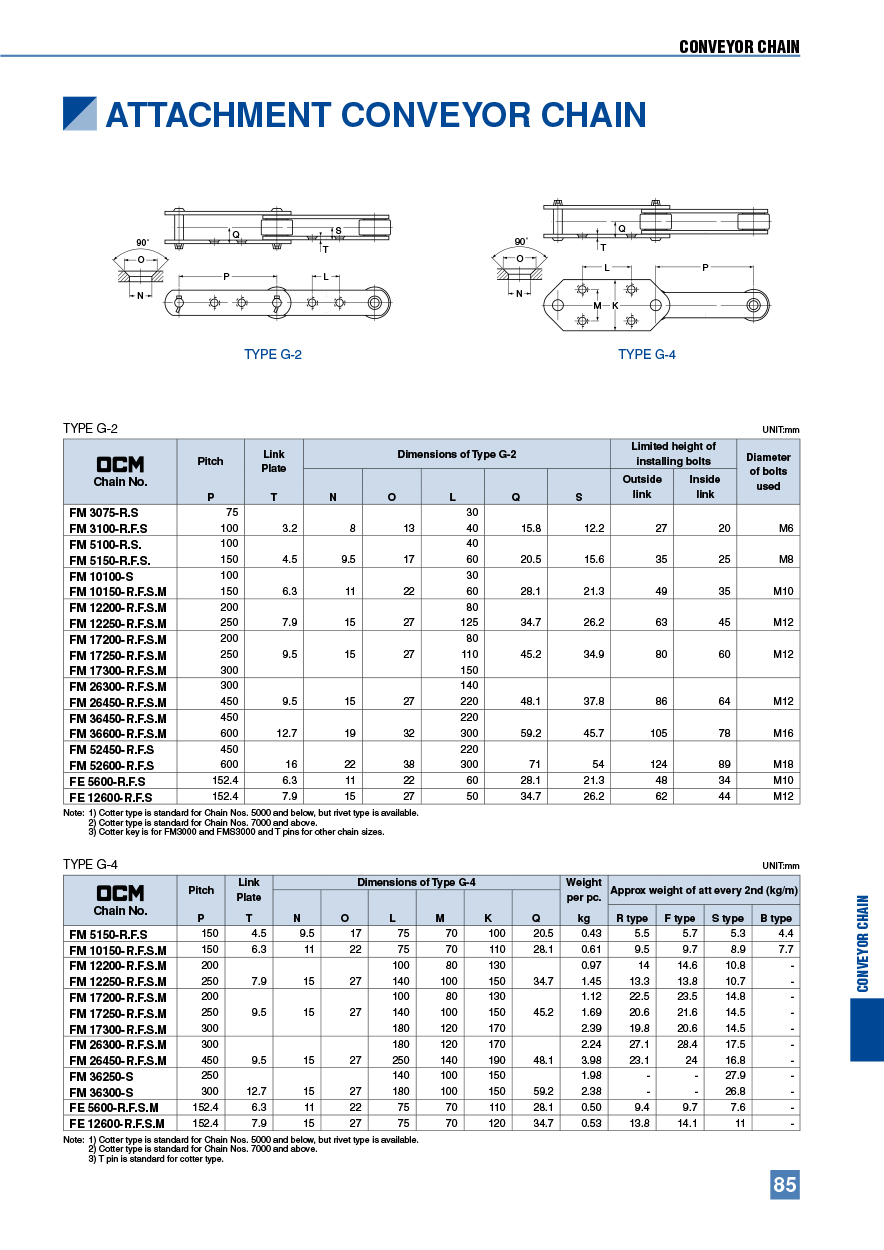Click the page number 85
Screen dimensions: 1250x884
(x=784, y=1184)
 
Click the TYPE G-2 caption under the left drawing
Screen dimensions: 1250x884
(x=273, y=354)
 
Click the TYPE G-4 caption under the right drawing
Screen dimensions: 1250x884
(x=647, y=354)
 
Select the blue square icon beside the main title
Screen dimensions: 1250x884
(x=80, y=114)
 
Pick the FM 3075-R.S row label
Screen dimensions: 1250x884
(x=104, y=512)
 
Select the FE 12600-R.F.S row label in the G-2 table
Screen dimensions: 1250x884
(x=110, y=797)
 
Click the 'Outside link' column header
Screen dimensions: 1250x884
(x=641, y=486)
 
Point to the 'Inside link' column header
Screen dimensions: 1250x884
(x=705, y=486)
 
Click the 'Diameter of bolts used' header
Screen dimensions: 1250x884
(x=767, y=471)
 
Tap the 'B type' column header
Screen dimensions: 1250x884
(x=775, y=918)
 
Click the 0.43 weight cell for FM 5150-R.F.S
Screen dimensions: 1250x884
(x=583, y=934)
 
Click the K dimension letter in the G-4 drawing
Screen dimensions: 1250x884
(x=615, y=305)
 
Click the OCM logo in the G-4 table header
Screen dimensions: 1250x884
(x=120, y=892)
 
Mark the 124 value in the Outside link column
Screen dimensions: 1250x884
(x=641, y=765)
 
